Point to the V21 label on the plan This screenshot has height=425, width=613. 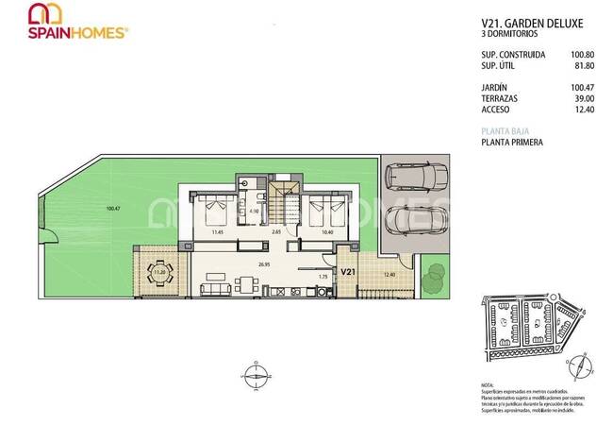pyautogui.click(x=348, y=272)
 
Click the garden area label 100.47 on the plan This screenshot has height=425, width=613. pyautogui.click(x=114, y=208)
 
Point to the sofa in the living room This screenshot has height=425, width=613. pyautogui.click(x=216, y=288)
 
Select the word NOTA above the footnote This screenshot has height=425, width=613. pyautogui.click(x=487, y=385)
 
